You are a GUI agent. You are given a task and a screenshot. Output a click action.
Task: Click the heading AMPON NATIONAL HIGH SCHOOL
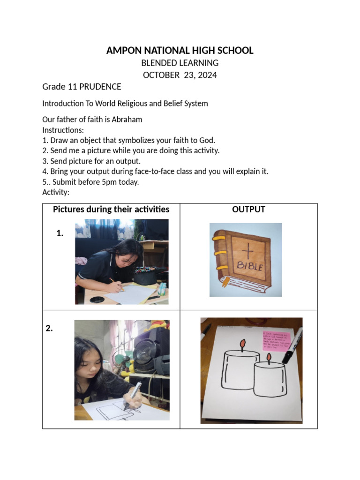180,51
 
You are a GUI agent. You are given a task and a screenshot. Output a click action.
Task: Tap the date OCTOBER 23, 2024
180,75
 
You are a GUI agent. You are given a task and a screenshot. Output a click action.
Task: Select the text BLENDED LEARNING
180,63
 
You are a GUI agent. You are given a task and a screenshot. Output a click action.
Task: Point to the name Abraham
127,120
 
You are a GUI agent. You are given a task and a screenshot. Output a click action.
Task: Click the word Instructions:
63,130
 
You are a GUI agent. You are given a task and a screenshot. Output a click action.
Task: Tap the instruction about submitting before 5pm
91,182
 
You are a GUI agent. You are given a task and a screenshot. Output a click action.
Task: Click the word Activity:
56,192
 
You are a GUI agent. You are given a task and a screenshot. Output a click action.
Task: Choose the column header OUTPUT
248,210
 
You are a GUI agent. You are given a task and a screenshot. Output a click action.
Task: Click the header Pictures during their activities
111,210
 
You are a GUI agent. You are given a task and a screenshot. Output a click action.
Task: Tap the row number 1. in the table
60,233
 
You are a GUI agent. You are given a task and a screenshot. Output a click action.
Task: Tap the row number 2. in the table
49,329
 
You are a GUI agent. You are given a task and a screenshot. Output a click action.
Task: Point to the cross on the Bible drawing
248,252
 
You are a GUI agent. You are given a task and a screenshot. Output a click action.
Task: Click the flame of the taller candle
242,345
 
